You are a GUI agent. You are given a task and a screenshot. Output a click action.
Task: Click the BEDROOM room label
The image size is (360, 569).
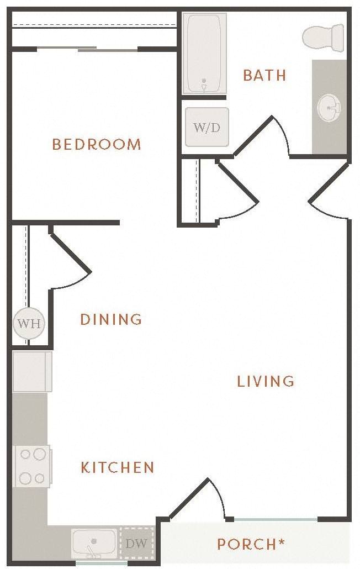[x=97, y=145]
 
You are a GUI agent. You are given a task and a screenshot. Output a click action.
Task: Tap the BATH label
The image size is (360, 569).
[x=264, y=75]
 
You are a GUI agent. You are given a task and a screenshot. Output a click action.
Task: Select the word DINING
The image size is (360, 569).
[x=111, y=319]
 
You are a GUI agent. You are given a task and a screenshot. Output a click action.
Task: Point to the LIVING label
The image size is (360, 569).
[x=266, y=381]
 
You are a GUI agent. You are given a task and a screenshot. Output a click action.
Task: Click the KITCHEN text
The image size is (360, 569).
[x=118, y=468]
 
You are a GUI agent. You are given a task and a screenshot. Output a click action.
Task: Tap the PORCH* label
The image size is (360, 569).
[x=251, y=544]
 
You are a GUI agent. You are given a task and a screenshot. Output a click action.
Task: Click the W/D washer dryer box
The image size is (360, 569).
[x=207, y=127]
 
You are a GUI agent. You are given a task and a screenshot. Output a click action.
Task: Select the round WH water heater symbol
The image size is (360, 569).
[x=29, y=323]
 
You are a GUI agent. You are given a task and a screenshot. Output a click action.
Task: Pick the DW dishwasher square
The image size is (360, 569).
[x=136, y=544]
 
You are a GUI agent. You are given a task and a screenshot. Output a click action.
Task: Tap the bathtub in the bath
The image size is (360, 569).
[x=204, y=54]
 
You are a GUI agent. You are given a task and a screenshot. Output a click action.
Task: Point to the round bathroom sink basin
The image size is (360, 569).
[x=330, y=107]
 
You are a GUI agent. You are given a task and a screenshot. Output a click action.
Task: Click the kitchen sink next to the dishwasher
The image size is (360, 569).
[x=94, y=543]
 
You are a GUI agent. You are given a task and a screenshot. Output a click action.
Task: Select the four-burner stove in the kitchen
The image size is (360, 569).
[x=32, y=466]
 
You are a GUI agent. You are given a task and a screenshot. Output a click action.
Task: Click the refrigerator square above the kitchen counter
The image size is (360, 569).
[x=32, y=371]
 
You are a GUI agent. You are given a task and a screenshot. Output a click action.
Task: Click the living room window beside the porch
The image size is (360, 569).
[x=274, y=519]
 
